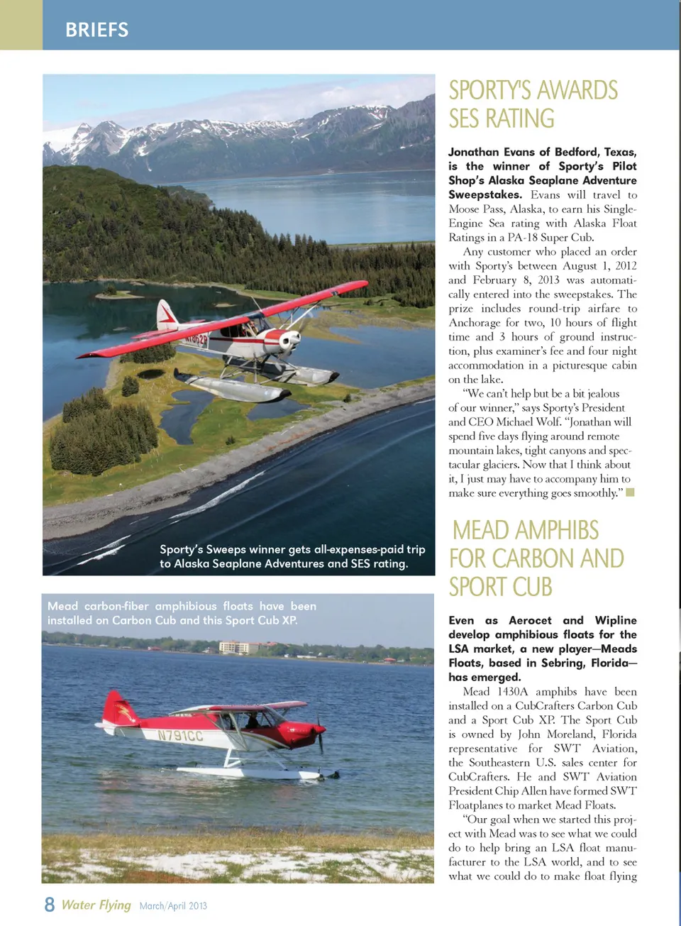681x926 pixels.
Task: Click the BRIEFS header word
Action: pyautogui.click(x=97, y=30)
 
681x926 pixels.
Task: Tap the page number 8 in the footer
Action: pyautogui.click(x=49, y=905)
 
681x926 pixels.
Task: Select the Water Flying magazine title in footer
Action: pyautogui.click(x=96, y=905)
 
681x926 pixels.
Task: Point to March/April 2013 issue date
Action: pyautogui.click(x=173, y=906)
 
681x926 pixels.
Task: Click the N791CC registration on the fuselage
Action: pyautogui.click(x=180, y=736)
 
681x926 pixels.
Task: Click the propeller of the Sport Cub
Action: pyautogui.click(x=320, y=734)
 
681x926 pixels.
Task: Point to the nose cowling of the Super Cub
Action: pyautogui.click(x=289, y=341)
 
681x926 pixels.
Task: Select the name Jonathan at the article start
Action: pyautogui.click(x=473, y=152)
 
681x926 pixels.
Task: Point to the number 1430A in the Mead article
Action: pyautogui.click(x=512, y=692)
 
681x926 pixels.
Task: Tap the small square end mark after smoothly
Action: pyautogui.click(x=630, y=492)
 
